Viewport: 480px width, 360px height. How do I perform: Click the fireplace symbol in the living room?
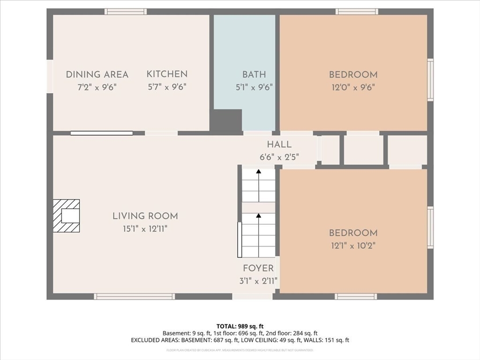pyautogui.click(x=66, y=216)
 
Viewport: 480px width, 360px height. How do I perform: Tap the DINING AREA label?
pyautogui.click(x=97, y=75)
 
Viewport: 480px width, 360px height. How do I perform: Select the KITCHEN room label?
pyautogui.click(x=167, y=74)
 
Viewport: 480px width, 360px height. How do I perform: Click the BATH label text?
pyautogui.click(x=254, y=75)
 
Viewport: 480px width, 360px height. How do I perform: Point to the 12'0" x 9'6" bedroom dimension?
pyautogui.click(x=353, y=87)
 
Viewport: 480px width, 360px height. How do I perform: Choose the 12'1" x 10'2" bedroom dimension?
pyautogui.click(x=353, y=245)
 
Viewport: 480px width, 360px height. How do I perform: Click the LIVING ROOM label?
pyautogui.click(x=145, y=216)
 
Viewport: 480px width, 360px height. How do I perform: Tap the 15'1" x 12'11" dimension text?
pyautogui.click(x=145, y=229)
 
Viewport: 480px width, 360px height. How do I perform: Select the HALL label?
pyautogui.click(x=279, y=144)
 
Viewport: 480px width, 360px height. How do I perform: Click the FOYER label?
pyautogui.click(x=258, y=269)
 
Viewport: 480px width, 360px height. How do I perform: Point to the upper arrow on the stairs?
pyautogui.click(x=258, y=179)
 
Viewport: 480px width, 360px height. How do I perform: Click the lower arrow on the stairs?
pyautogui.click(x=258, y=223)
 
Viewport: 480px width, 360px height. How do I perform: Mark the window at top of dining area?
pyautogui.click(x=126, y=11)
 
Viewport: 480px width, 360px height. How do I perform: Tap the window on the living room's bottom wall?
pyautogui.click(x=135, y=296)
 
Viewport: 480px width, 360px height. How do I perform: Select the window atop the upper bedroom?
pyautogui.click(x=357, y=11)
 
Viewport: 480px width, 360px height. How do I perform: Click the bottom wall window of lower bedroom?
pyautogui.click(x=356, y=296)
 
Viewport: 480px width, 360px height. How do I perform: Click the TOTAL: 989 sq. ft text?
pyautogui.click(x=240, y=326)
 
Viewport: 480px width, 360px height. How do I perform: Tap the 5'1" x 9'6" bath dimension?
pyautogui.click(x=254, y=87)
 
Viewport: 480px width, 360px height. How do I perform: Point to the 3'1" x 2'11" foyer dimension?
pyautogui.click(x=258, y=281)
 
